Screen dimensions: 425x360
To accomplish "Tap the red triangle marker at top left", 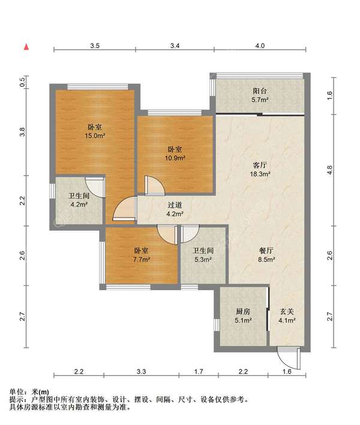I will coord(26,46).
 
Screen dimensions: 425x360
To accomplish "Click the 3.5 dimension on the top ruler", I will coord(95,46).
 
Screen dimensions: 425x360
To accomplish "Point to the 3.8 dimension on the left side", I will coord(22,132).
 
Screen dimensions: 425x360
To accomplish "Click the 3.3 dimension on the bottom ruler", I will coord(141,372).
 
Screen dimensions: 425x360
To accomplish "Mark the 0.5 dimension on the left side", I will coord(22,83).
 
